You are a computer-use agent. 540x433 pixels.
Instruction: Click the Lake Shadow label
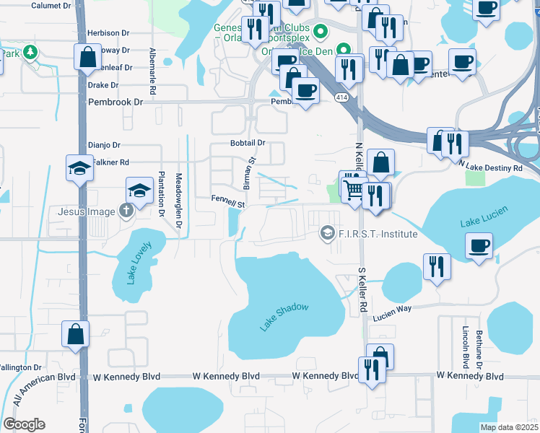tap(284, 318)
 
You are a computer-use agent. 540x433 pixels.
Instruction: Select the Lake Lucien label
tap(484, 216)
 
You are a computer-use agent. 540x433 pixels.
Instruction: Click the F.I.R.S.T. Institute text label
tap(378, 234)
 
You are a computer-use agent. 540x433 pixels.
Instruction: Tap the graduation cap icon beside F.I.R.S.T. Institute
tap(327, 233)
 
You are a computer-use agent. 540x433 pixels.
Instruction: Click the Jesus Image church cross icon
tap(126, 211)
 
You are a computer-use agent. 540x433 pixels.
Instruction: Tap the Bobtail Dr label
tap(248, 143)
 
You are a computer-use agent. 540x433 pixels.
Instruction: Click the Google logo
tap(24, 424)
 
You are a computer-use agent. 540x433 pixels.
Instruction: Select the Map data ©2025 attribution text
tap(509, 427)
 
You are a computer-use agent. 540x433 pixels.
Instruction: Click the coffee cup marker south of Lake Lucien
tap(479, 246)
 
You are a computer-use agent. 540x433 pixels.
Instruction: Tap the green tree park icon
tap(30, 52)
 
